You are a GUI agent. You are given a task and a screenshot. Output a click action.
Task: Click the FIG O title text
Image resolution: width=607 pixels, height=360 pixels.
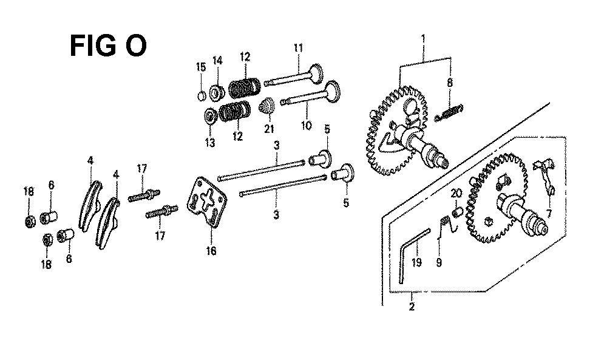108,46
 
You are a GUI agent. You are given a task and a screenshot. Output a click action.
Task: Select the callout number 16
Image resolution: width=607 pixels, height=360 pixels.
211,251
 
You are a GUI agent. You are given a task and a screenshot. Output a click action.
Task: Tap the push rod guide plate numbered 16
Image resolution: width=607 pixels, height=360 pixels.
207,202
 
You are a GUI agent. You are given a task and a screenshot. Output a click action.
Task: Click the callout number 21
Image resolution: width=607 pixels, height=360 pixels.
269,129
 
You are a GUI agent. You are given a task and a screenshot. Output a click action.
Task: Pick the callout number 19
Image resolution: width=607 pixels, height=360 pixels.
416,262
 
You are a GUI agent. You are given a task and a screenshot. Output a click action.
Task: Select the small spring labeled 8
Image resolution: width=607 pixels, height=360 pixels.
449,113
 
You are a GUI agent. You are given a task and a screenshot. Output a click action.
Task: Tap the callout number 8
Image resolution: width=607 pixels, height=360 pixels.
449,83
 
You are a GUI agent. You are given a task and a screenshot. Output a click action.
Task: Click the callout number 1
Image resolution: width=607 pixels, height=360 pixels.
424,39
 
